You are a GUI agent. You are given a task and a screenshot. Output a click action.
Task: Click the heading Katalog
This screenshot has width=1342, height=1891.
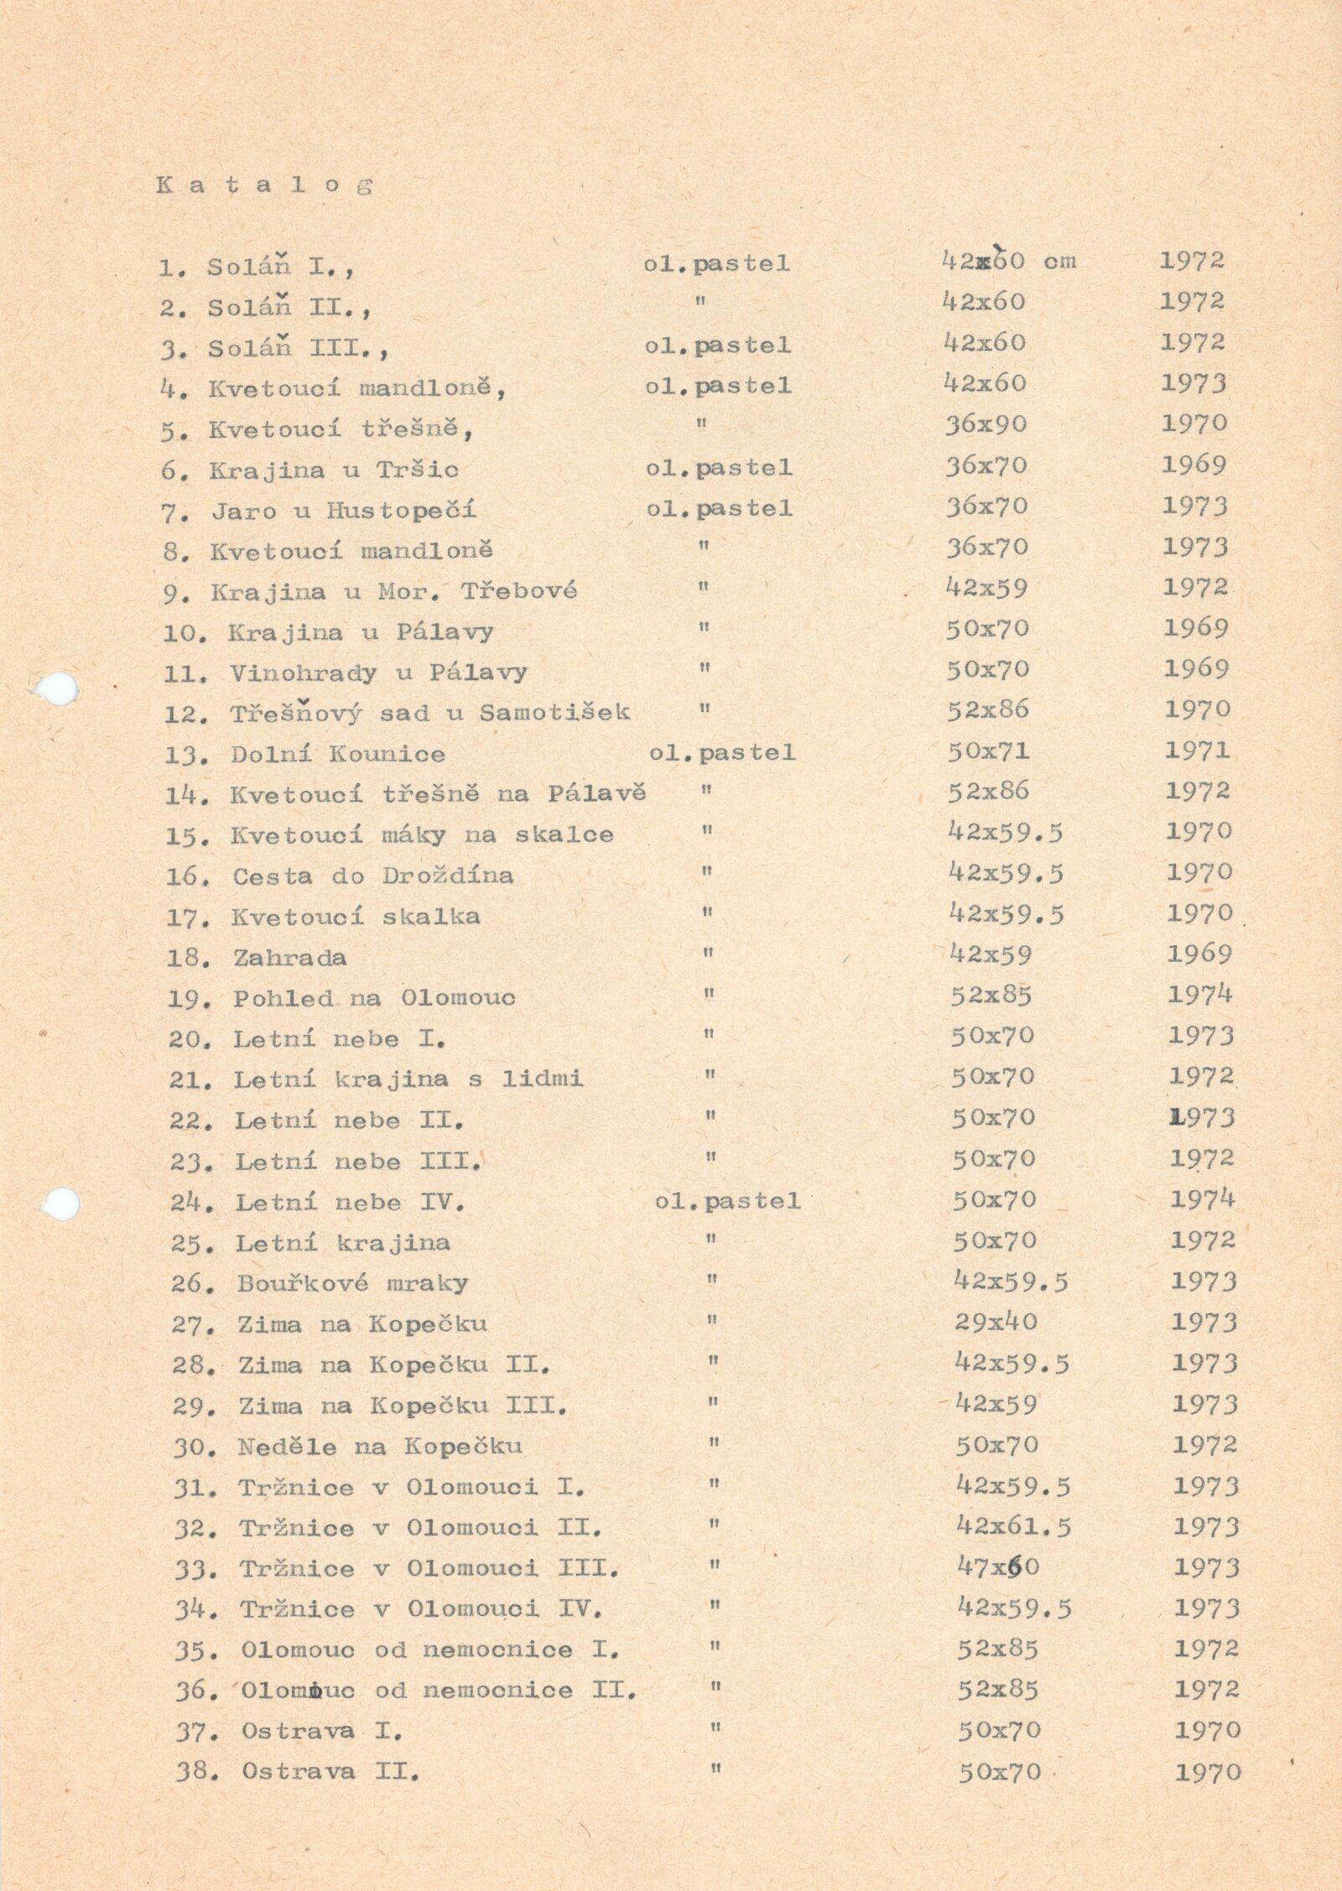click(263, 185)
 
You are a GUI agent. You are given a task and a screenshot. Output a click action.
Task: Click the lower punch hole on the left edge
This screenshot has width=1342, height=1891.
click(60, 1204)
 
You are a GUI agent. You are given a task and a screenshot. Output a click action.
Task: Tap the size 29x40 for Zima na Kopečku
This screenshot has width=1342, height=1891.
click(996, 1322)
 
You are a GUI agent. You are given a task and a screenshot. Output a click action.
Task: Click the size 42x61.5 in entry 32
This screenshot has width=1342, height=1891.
click(1013, 1527)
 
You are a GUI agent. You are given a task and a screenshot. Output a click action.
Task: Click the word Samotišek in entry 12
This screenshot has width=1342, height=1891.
click(554, 713)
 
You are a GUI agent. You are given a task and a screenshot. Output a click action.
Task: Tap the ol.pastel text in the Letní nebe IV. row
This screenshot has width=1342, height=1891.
click(727, 1201)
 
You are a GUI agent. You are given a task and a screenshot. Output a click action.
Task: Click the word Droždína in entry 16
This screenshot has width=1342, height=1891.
click(448, 876)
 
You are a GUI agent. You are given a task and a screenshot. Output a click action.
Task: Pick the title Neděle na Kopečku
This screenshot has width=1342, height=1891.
click(380, 1446)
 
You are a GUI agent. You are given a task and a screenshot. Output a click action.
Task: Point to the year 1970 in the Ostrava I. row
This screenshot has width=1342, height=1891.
click(1207, 1729)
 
